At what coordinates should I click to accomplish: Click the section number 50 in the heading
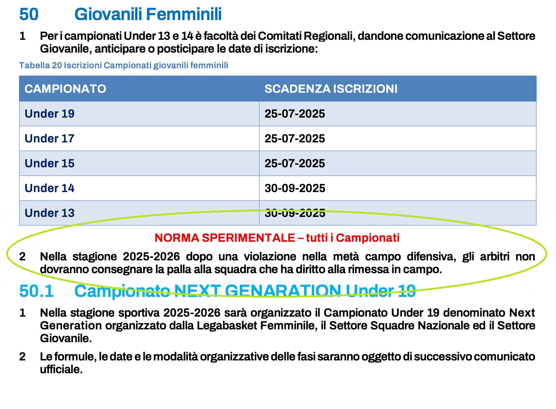coord(28,15)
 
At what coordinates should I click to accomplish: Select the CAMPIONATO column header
coord(65,89)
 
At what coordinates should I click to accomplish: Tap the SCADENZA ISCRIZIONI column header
coord(331,89)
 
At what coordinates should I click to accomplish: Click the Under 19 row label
coord(50,114)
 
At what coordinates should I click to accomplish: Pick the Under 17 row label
coord(50,138)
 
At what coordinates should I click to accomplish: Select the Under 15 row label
coord(50,163)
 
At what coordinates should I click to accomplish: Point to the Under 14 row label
coord(50,188)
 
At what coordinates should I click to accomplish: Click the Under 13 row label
coord(50,213)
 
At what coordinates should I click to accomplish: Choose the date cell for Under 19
coord(295,114)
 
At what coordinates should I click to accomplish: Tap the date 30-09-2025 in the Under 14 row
coord(295,188)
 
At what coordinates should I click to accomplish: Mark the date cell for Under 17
coord(295,138)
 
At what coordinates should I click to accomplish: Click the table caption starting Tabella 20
coord(123,65)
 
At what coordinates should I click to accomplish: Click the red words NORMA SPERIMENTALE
coord(225,238)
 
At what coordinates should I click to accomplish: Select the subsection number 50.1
coord(36,291)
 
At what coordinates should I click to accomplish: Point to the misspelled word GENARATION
coord(283,291)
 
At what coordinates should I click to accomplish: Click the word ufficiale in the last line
coord(61,369)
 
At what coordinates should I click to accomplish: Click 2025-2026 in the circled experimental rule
coord(151,257)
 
